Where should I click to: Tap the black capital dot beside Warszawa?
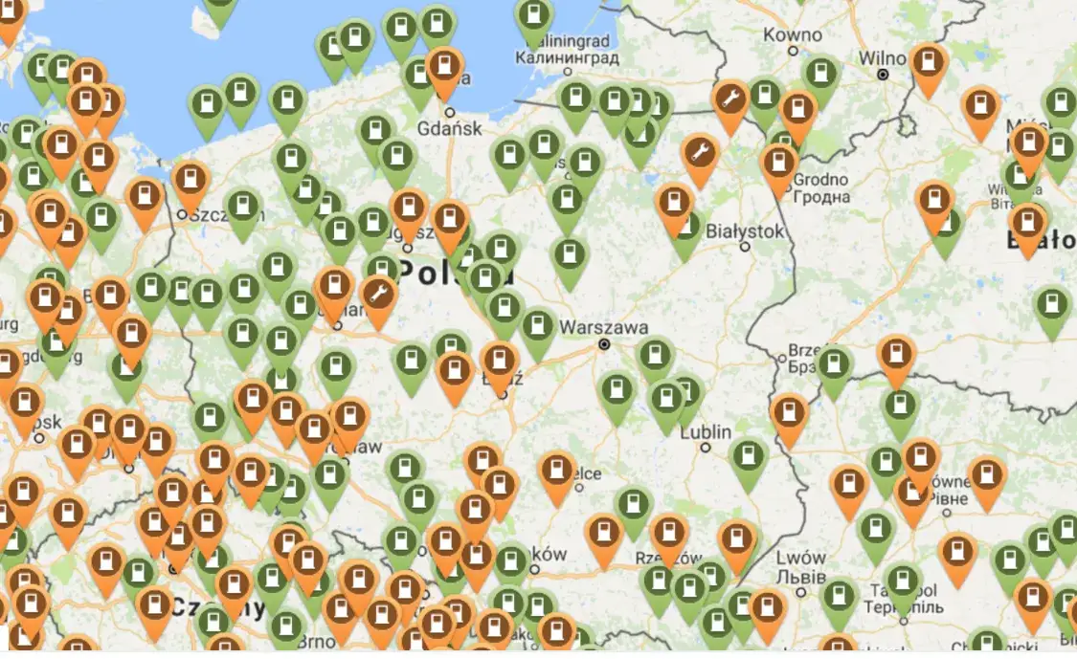[x=604, y=344]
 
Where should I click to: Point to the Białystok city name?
[x=745, y=231]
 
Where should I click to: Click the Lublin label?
[x=706, y=432]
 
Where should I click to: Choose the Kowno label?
[x=794, y=34]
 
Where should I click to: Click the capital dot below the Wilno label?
[x=884, y=74]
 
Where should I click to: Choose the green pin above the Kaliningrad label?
[x=534, y=14]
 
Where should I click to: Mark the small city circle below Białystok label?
[x=745, y=247]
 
